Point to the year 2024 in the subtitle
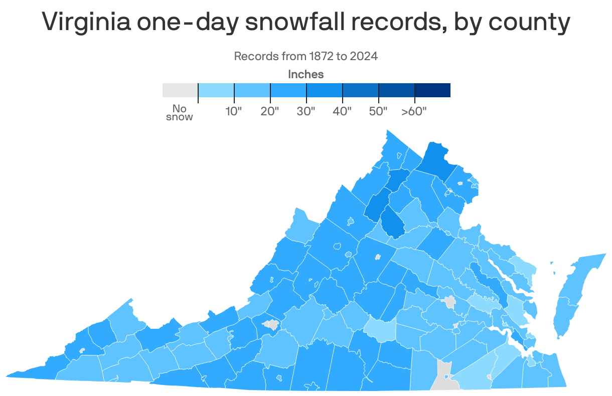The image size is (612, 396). point(364,56)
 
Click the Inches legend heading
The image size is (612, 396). point(306,75)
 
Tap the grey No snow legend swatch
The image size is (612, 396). point(180,90)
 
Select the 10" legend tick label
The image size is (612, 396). point(234,111)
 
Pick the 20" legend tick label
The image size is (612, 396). point(270,111)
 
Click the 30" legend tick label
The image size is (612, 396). point(306,111)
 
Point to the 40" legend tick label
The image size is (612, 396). point(342,111)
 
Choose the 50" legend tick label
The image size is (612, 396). point(378,111)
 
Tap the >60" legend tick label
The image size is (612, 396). point(414,111)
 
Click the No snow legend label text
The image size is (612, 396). point(179,113)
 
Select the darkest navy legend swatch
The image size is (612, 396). point(432,90)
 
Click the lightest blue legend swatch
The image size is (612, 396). point(216,90)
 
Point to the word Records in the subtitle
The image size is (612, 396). point(253,56)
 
